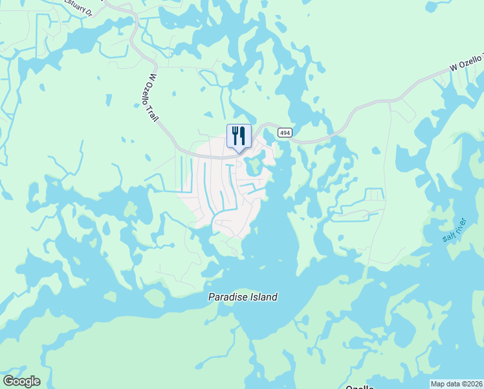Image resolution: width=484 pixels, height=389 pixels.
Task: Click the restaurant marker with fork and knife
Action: (239, 136)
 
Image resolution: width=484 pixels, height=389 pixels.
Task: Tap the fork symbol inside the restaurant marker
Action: (234, 135)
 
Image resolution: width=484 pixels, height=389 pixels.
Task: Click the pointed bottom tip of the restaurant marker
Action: (239, 152)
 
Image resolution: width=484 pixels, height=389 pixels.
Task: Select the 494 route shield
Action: (285, 132)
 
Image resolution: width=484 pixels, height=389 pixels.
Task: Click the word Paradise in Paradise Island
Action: (228, 297)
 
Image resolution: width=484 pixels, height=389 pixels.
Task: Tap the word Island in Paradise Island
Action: (264, 297)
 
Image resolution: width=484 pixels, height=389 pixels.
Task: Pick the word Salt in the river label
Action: (449, 235)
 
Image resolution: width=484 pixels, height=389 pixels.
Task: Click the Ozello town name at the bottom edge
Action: (360, 386)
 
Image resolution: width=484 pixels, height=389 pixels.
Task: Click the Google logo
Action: (21, 381)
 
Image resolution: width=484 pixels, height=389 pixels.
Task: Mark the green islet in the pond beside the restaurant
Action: (254, 165)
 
